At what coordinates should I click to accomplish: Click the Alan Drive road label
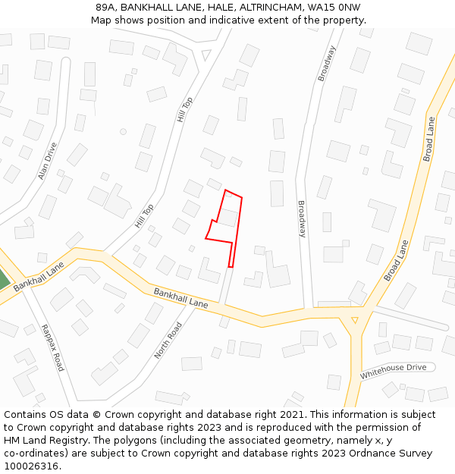[48, 161]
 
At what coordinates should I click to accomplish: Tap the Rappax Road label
[53, 347]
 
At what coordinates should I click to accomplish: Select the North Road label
[168, 341]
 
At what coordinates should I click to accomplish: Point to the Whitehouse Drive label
[393, 372]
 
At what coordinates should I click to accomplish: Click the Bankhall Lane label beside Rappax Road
[39, 276]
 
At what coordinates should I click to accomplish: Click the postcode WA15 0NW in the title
[337, 8]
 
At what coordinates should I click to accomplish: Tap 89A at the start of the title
[105, 8]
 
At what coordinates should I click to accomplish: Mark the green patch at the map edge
[3, 279]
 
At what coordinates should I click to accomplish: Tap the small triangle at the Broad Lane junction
[354, 320]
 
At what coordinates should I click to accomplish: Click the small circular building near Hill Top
[123, 132]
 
